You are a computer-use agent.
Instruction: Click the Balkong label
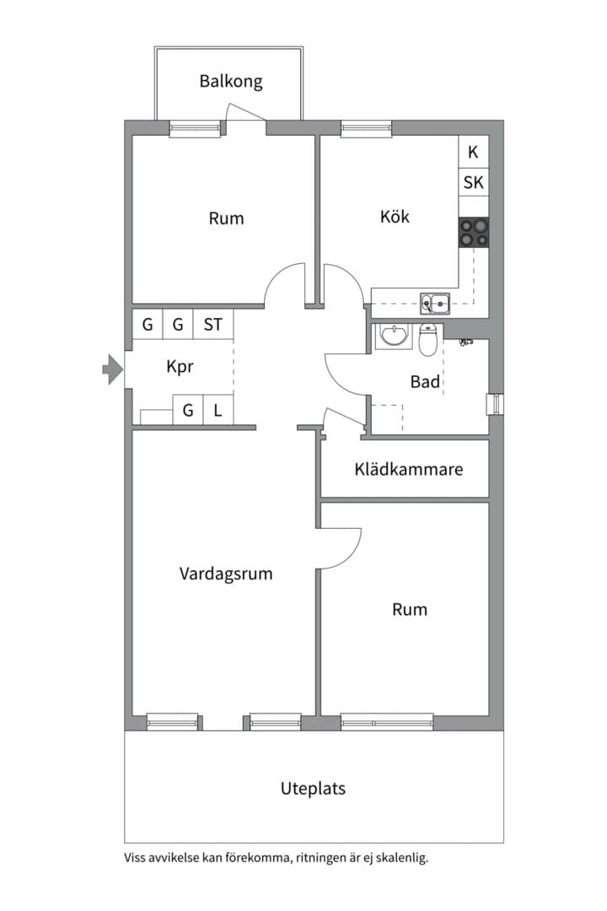[231, 81]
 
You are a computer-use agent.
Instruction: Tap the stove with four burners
[474, 233]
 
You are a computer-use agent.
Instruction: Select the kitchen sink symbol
[435, 303]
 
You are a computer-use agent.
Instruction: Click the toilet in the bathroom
[427, 339]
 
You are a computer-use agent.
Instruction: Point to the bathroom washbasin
[393, 337]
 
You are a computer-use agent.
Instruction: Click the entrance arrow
[113, 369]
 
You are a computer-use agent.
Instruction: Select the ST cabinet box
[213, 324]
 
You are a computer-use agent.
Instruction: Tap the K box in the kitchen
[474, 152]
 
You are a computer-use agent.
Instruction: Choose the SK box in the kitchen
[474, 182]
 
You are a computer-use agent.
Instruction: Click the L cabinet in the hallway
[218, 410]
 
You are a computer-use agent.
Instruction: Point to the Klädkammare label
[409, 469]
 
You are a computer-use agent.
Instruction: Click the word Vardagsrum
[226, 574]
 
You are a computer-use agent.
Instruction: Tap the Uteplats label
[313, 789]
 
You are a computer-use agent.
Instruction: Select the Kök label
[395, 217]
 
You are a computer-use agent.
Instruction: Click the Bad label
[425, 382]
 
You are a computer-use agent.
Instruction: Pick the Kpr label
[180, 367]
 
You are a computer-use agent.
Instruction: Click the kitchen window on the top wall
[366, 128]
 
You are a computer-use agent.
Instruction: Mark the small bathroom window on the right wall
[495, 404]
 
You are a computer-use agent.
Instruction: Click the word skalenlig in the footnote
[402, 858]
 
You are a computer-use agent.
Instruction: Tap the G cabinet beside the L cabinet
[188, 410]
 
